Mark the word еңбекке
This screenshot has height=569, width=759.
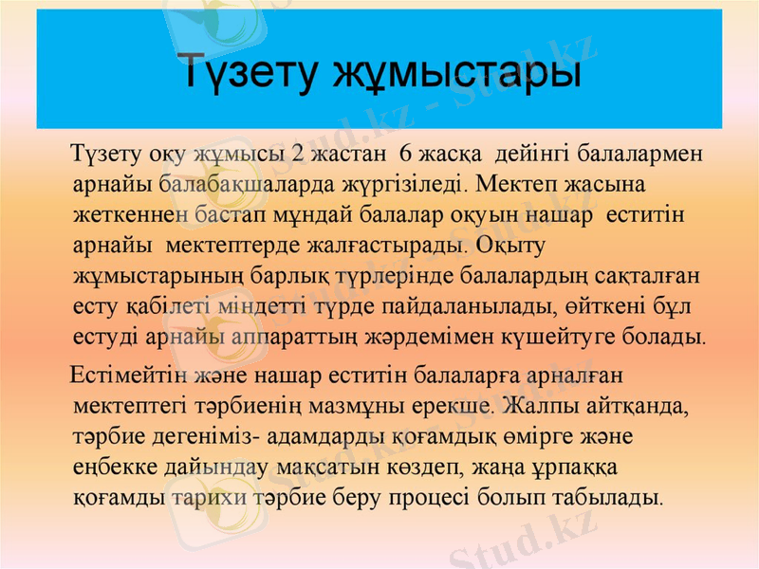pyautogui.click(x=111, y=469)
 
